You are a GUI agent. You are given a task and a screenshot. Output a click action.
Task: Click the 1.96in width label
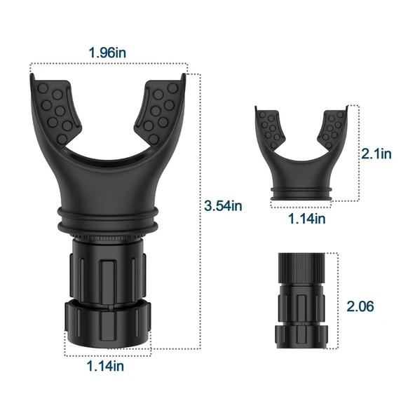pyautogui.click(x=107, y=53)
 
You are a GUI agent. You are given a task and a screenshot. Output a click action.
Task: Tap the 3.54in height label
pyautogui.click(x=223, y=205)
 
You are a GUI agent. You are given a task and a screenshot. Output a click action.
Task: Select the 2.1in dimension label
pyautogui.click(x=376, y=154)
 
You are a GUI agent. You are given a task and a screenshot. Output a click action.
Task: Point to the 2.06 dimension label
pyautogui.click(x=360, y=306)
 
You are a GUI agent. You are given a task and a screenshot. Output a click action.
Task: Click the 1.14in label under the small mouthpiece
pyautogui.click(x=306, y=219)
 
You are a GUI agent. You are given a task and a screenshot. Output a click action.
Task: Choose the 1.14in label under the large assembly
pyautogui.click(x=105, y=366)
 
